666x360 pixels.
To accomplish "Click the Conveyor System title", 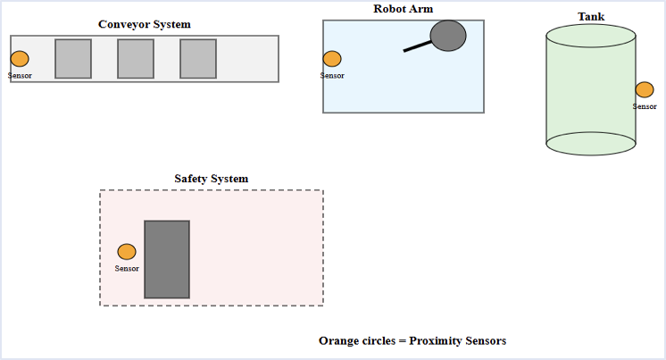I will click(144, 24).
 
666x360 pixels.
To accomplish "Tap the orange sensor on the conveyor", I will click(20, 59).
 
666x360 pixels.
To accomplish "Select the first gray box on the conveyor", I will click(73, 59).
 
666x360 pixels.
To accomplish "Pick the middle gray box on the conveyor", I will click(136, 59).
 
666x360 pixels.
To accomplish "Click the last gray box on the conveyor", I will click(198, 59).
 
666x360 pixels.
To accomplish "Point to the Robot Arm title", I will click(404, 9).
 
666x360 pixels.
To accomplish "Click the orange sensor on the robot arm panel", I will click(332, 59).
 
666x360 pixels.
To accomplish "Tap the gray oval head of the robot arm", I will click(448, 35).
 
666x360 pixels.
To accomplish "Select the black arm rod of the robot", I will click(417, 46).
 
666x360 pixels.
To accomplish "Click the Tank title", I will click(591, 17).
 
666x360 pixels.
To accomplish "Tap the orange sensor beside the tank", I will click(645, 89).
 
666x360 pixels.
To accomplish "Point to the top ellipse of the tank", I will click(591, 36).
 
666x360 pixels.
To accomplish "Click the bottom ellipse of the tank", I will click(591, 143).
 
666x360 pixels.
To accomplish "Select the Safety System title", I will click(212, 179).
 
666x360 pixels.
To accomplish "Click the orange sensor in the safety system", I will click(127, 252).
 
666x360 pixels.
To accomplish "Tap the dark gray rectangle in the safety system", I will click(167, 259).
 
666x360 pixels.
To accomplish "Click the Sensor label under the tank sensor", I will click(645, 106).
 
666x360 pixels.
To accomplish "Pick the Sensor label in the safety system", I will click(127, 268).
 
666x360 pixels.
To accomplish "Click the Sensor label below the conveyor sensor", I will click(20, 75).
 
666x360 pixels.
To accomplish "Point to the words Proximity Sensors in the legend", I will click(458, 341).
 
